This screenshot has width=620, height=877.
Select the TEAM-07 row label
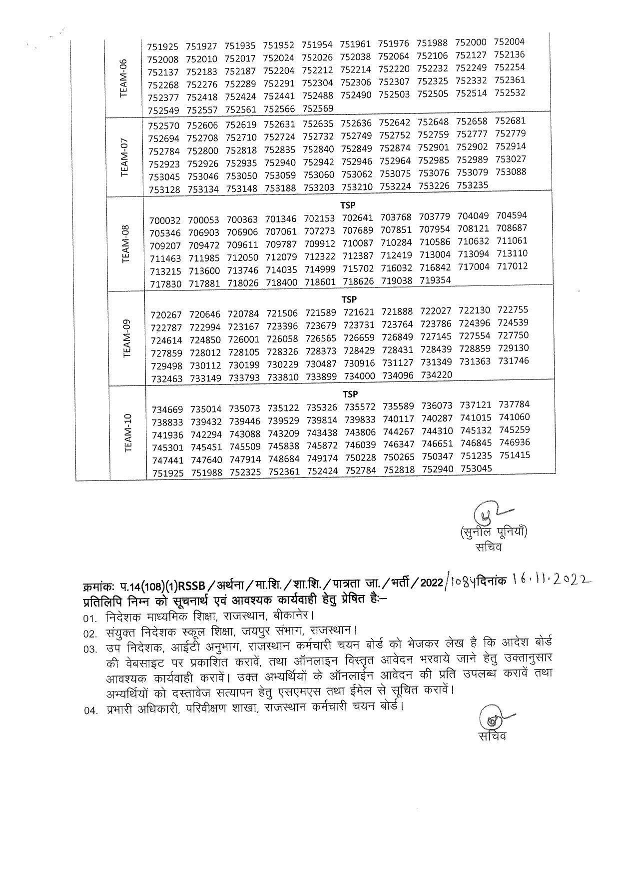tap(125, 156)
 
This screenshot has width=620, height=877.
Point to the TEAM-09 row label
tap(126, 338)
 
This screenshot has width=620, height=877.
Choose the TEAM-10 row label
tap(127, 433)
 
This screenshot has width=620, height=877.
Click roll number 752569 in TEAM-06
tap(318, 109)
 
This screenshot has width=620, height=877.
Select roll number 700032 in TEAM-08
tap(164, 220)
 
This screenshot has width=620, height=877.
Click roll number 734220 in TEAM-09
tap(437, 375)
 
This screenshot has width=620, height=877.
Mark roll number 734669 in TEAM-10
tap(167, 409)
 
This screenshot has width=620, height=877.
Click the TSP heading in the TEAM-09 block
tap(349, 299)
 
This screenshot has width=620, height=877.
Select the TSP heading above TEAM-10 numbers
tap(350, 394)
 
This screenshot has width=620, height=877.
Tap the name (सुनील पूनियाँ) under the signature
tap(493, 532)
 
